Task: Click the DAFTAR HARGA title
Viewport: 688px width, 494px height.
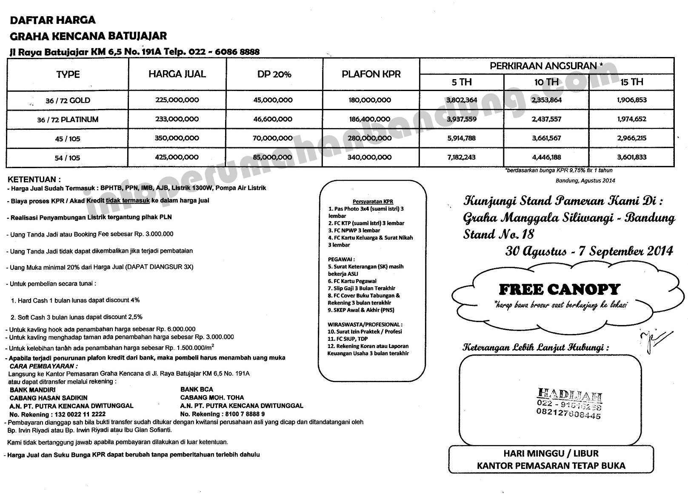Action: [x=52, y=20]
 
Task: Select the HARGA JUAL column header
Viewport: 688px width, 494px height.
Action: [x=177, y=74]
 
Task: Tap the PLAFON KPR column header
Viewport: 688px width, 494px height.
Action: [x=371, y=74]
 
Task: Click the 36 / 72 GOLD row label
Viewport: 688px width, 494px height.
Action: [x=68, y=100]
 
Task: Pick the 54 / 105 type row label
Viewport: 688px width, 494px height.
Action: [x=67, y=158]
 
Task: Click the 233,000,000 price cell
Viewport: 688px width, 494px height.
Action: [x=177, y=120]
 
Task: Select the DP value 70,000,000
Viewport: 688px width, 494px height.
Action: [x=273, y=138]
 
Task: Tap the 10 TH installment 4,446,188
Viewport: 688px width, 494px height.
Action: [x=546, y=157]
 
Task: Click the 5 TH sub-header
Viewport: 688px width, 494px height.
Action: [x=462, y=82]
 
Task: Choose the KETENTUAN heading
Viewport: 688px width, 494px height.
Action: [x=34, y=180]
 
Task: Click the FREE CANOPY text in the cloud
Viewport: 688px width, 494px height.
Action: [x=559, y=290]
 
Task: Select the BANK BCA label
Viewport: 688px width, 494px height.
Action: [x=197, y=389]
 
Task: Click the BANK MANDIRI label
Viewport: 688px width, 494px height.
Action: [x=32, y=390]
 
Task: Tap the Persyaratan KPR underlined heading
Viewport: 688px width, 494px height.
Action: [x=373, y=201]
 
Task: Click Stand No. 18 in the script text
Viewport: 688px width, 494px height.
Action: [x=498, y=234]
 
